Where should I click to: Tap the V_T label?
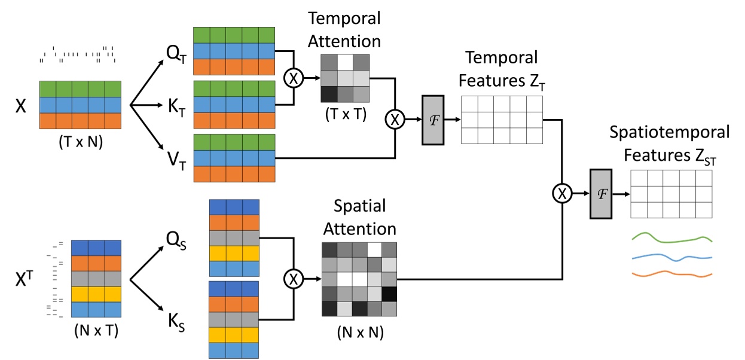coord(175,162)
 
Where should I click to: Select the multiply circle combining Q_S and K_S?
coord(294,279)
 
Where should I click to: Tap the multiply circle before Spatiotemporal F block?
coord(562,193)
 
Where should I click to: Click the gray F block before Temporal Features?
coord(432,120)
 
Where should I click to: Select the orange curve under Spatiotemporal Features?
coord(673,275)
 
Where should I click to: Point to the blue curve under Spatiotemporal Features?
coord(673,257)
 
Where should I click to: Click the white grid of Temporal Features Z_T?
coord(501,120)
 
